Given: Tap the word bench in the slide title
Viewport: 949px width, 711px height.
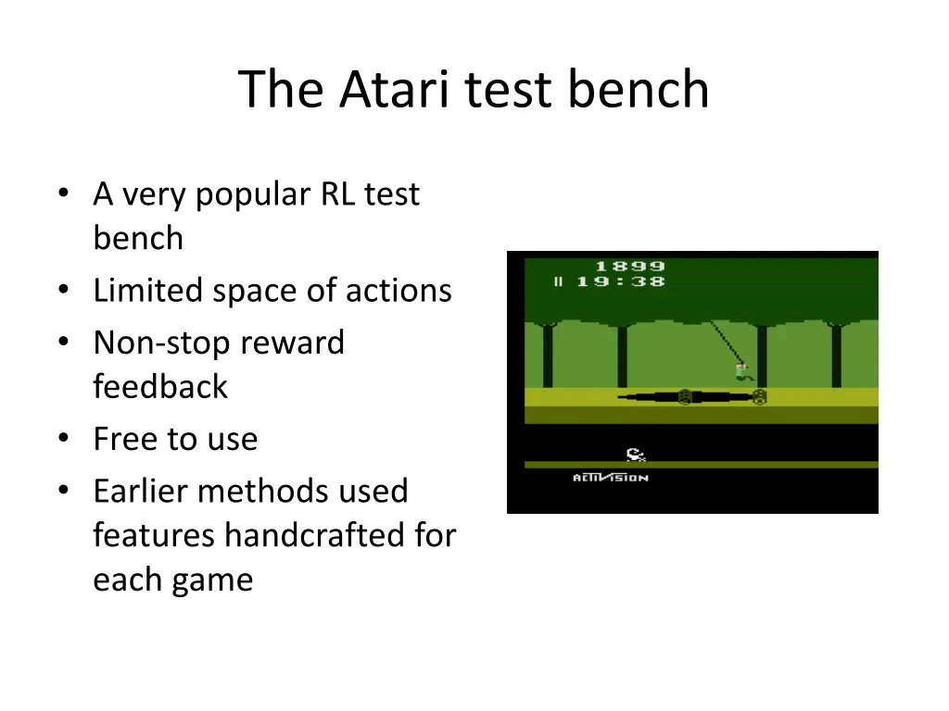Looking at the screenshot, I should [639, 90].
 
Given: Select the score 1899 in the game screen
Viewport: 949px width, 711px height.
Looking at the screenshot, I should [629, 267].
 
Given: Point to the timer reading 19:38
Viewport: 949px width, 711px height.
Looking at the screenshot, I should [620, 282].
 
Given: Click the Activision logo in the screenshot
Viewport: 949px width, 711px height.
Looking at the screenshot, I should [610, 478].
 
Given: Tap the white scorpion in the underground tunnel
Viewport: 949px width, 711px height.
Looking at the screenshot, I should [635, 454].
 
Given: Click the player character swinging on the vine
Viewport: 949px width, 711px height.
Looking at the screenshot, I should [743, 372].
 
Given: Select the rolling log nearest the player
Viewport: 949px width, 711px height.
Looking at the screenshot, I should [759, 397].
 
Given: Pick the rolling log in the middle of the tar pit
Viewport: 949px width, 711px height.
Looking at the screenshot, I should [685, 397].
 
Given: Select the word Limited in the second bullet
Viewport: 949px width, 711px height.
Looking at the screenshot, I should [148, 291].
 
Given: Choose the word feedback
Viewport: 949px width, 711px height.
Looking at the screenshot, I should [159, 386].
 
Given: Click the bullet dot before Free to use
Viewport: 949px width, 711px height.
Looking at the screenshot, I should [63, 440].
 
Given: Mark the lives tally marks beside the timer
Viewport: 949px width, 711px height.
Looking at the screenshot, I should [559, 282].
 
